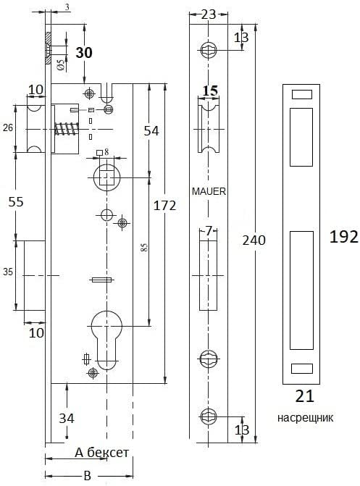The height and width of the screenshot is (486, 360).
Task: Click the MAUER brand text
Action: (x=209, y=191)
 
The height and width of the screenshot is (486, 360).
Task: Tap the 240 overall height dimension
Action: (x=254, y=240)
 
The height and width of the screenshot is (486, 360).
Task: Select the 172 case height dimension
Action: (x=164, y=205)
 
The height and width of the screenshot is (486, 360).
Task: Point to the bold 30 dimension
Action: (x=84, y=52)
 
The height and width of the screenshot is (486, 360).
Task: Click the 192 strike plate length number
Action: (x=343, y=237)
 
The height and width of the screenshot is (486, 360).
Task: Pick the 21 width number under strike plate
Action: (x=304, y=395)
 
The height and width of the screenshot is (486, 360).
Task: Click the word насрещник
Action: (x=305, y=417)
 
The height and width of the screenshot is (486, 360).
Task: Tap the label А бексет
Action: (x=101, y=453)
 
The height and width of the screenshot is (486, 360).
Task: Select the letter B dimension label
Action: (x=88, y=475)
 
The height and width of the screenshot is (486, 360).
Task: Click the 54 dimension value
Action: (x=151, y=131)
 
